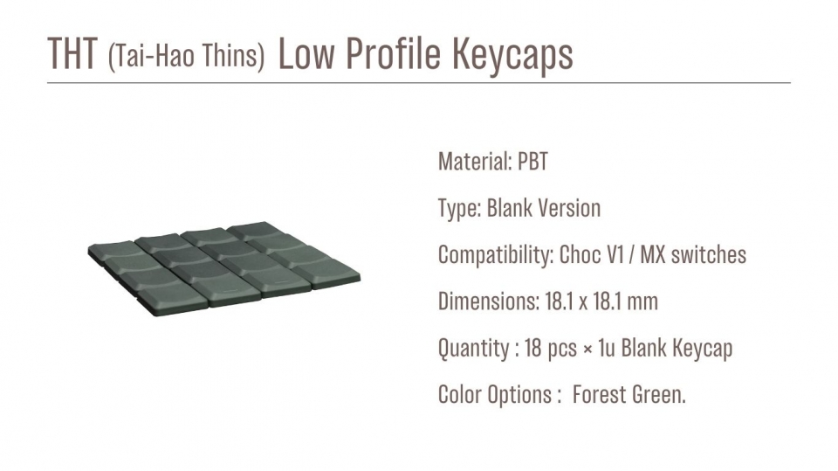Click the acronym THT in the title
point(72,53)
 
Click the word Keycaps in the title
point(512,55)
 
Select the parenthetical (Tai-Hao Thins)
point(186,55)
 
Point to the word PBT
point(532,162)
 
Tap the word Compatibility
point(496,255)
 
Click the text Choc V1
point(592,255)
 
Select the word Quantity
point(474,349)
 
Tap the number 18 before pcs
point(532,349)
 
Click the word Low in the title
point(306,53)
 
